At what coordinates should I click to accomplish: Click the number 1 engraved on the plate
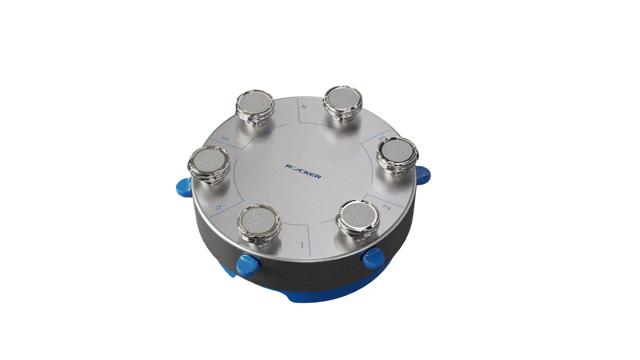[x=302, y=246]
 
